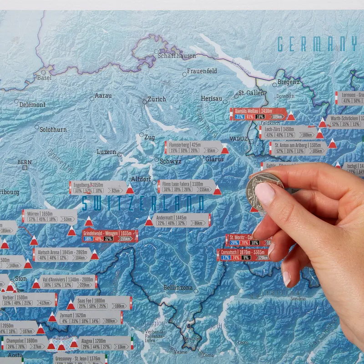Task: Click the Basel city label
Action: tap(44, 78)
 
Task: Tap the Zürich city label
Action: tap(157, 99)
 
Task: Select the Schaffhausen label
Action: tap(177, 56)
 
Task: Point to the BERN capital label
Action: tap(25, 162)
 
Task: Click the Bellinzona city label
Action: tap(181, 288)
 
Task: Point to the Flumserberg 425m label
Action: tap(191, 147)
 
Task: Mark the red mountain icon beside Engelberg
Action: tap(130, 190)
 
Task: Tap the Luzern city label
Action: tap(106, 152)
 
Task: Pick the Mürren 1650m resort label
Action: tap(50, 216)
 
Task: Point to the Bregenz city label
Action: tap(288, 82)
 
